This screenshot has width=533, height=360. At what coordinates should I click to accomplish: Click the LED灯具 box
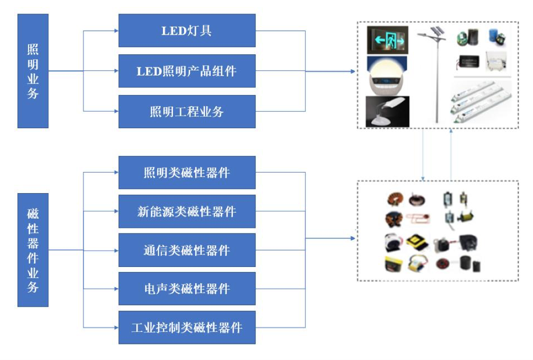(x=187, y=31)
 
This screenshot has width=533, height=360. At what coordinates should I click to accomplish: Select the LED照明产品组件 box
(x=187, y=71)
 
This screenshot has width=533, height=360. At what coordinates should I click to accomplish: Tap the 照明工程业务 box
(x=187, y=112)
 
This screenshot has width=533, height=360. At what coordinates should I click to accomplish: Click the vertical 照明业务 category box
(x=33, y=71)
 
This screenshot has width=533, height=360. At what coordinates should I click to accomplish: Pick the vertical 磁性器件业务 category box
(x=33, y=250)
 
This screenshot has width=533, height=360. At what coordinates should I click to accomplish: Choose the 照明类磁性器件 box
(x=187, y=172)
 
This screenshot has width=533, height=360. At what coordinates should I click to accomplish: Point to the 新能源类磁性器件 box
(x=187, y=211)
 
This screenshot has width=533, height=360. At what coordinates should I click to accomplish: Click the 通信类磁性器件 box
(x=187, y=250)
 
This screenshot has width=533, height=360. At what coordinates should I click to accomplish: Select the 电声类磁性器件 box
(x=187, y=289)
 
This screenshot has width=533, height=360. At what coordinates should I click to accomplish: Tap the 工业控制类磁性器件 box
(x=187, y=327)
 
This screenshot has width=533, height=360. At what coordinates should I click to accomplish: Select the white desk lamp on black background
(x=387, y=111)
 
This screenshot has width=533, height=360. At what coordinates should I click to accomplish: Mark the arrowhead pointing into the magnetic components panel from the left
(x=354, y=238)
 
